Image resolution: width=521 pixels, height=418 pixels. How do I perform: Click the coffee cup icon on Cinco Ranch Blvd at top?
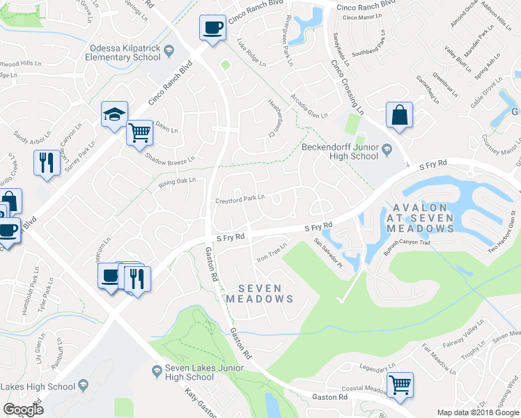pos(212,28)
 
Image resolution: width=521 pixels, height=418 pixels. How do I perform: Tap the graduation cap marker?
pos(115,115)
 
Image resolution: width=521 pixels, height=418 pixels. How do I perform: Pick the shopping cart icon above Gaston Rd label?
pos(400,385)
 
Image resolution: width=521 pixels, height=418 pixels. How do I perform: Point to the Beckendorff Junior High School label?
pos(340,151)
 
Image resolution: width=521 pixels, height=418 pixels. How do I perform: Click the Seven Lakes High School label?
pos(38,386)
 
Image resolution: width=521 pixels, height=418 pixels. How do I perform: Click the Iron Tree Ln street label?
pos(272,251)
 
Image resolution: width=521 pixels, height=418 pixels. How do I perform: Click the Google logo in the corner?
pos(23,410)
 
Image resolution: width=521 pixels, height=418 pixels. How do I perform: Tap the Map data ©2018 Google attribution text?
pos(478,412)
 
